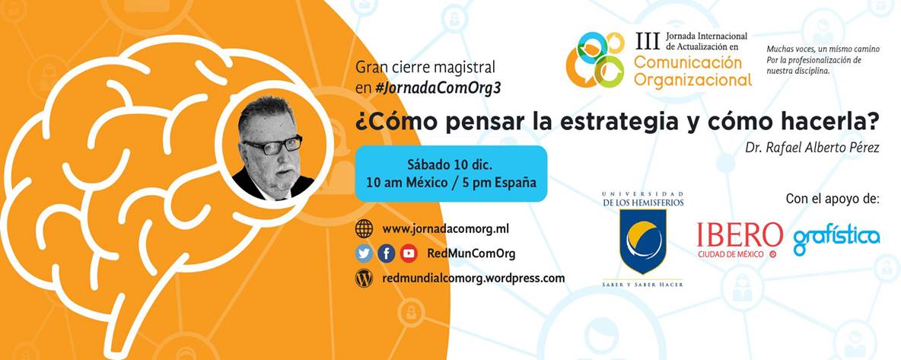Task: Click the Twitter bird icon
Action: point(364,253)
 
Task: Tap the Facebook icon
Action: point(387,253)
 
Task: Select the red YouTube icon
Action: point(409,253)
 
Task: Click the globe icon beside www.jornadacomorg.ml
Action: point(365,228)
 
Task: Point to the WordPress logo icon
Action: point(365,279)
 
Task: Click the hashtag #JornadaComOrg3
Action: point(438,88)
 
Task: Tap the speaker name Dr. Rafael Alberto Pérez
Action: point(812,148)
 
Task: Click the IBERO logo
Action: point(739,238)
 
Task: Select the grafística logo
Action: point(836,238)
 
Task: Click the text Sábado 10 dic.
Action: point(450,164)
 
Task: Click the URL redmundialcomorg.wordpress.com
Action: point(473,279)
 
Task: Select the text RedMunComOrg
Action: point(471,253)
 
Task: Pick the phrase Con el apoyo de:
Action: point(833,199)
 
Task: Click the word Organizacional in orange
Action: point(692,78)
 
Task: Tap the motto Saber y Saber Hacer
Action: point(642,285)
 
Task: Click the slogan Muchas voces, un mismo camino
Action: point(823,49)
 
